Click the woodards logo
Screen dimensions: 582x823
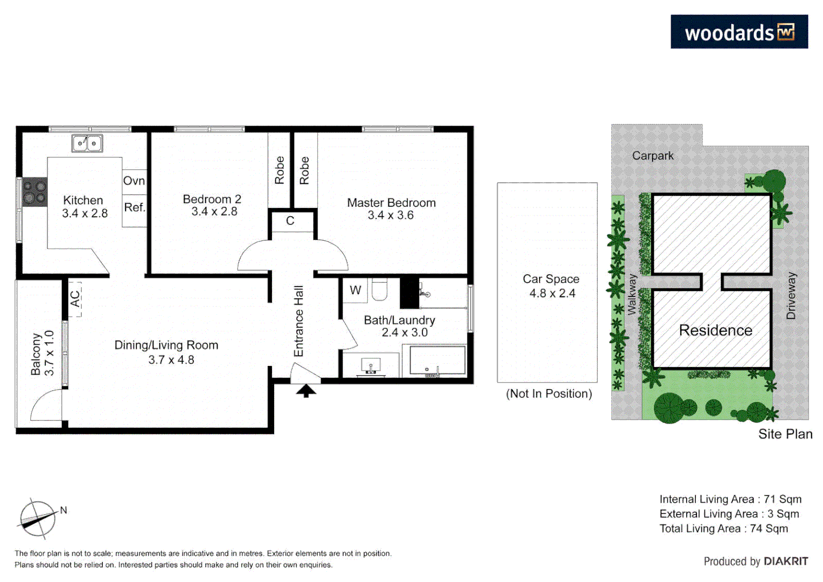point(739,32)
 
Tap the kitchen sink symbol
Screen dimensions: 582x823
point(87,143)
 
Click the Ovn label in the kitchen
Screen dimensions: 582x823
point(134,181)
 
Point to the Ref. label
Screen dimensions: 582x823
point(135,207)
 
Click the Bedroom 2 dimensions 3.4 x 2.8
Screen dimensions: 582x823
point(214,212)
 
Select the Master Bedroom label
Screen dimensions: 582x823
point(391,203)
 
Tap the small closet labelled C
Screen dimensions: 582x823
point(290,221)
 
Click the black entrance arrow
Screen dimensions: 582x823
point(306,391)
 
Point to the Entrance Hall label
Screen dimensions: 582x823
point(299,321)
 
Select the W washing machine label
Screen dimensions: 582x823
point(355,290)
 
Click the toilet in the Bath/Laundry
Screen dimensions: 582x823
point(379,289)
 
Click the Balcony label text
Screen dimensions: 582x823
point(36,354)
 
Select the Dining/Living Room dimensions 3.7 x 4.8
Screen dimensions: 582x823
point(171,360)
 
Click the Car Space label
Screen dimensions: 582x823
point(551,279)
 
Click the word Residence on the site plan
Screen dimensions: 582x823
point(715,330)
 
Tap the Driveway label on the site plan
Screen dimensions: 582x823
point(791,295)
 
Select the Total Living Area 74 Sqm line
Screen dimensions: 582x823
point(723,529)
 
